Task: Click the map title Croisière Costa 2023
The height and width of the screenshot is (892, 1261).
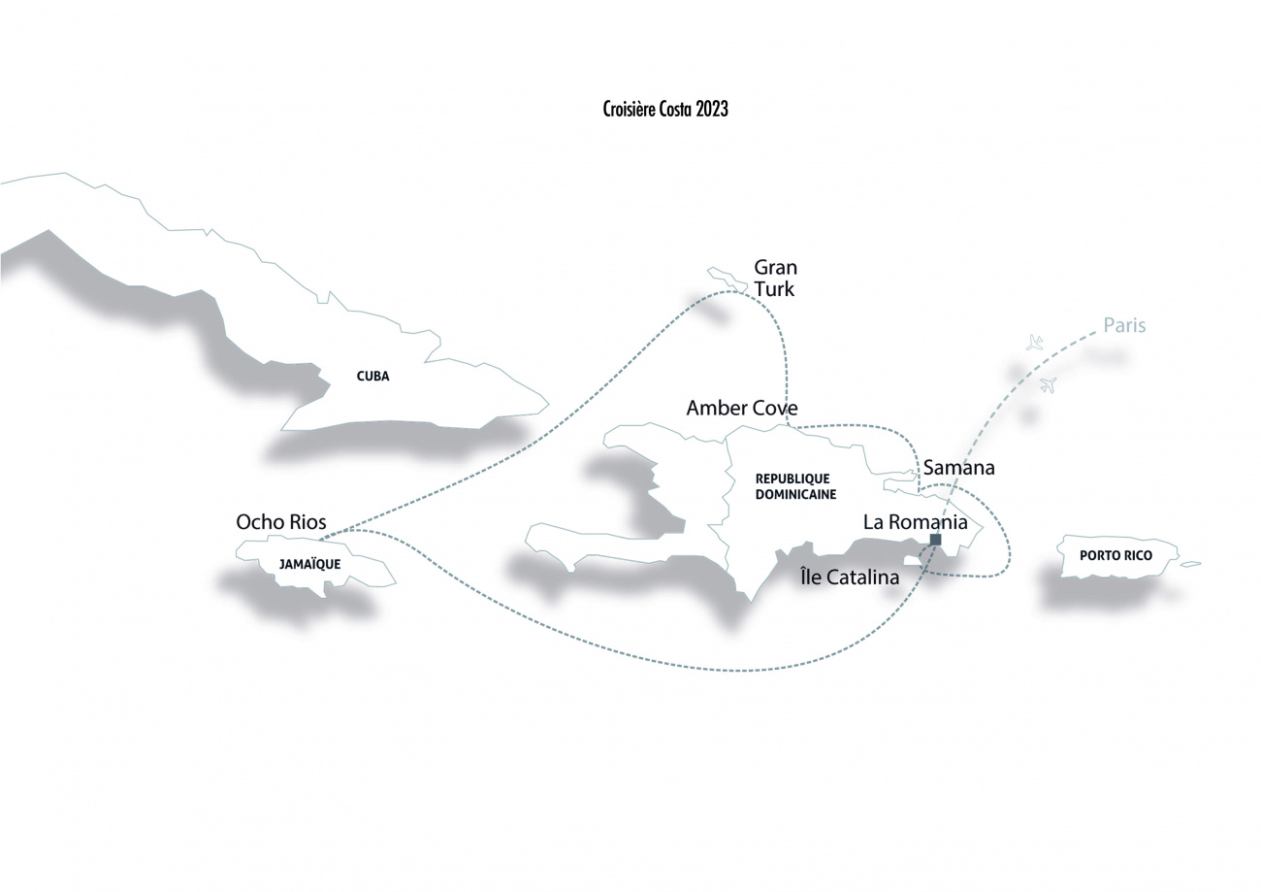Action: click(x=665, y=109)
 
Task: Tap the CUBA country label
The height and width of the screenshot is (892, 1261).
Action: click(x=372, y=377)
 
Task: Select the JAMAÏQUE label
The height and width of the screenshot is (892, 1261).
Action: click(x=310, y=564)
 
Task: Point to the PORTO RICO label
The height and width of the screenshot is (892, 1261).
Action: click(x=1115, y=556)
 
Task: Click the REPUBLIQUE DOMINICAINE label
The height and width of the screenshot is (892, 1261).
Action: click(x=795, y=486)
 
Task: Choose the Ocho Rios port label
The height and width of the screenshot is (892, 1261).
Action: click(x=281, y=522)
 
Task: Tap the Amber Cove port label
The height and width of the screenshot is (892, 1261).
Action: click(x=742, y=408)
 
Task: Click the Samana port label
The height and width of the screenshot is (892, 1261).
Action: click(x=958, y=468)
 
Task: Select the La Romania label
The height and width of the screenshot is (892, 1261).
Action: click(x=916, y=522)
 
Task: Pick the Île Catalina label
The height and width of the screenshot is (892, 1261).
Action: click(x=850, y=578)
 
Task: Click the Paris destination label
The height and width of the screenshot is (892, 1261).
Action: click(x=1124, y=325)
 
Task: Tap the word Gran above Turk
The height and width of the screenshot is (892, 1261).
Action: click(x=775, y=267)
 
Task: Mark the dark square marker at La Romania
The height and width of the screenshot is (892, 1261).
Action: click(x=936, y=540)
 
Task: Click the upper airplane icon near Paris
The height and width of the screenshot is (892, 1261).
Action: click(x=1034, y=342)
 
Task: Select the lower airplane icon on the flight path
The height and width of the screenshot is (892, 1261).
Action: click(x=1048, y=385)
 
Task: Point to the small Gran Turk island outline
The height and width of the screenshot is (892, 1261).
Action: click(x=727, y=281)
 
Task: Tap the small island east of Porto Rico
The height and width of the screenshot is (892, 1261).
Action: click(x=1190, y=564)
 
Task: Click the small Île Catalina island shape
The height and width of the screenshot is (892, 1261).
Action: click(x=913, y=560)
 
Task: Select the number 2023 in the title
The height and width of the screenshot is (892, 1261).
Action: click(x=712, y=109)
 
